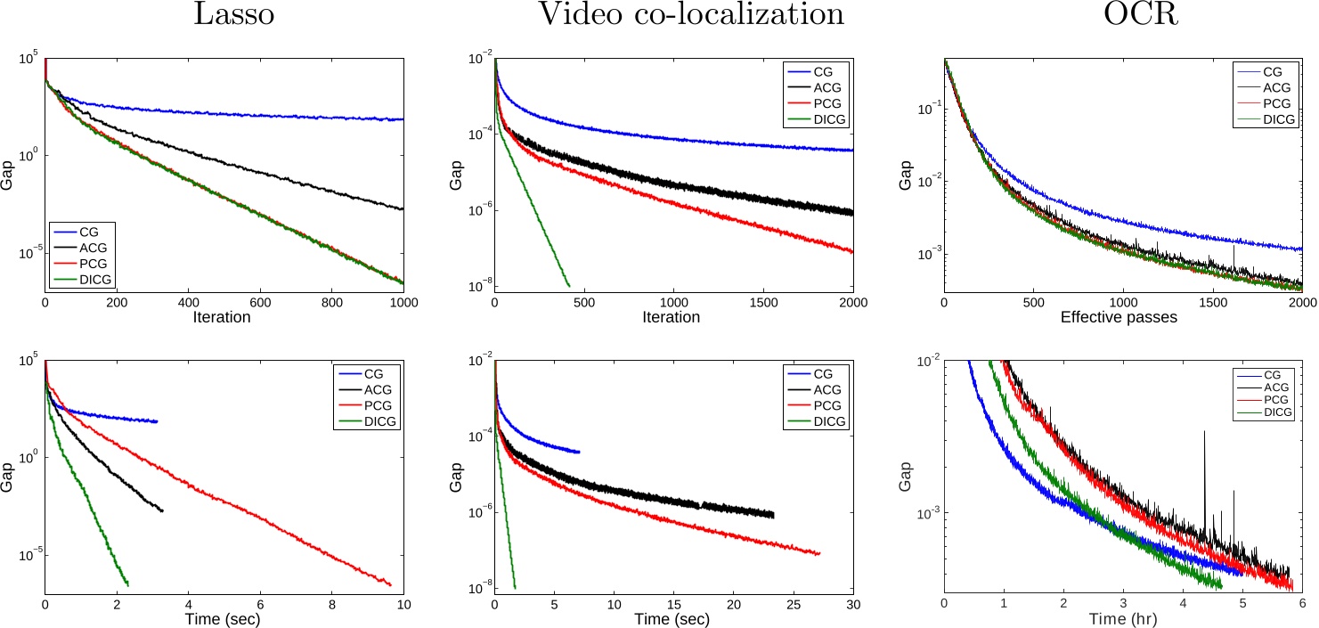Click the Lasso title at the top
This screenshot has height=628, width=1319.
click(223, 18)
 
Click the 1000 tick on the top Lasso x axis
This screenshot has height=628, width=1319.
click(403, 302)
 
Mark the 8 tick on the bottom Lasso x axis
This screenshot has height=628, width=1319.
click(331, 603)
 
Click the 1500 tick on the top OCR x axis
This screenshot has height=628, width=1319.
click(1212, 302)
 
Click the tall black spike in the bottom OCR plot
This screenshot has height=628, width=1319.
click(1205, 434)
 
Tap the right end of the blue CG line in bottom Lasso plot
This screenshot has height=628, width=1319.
click(157, 421)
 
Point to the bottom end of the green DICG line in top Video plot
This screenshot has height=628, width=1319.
click(568, 285)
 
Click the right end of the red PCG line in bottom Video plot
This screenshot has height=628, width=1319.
click(818, 554)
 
